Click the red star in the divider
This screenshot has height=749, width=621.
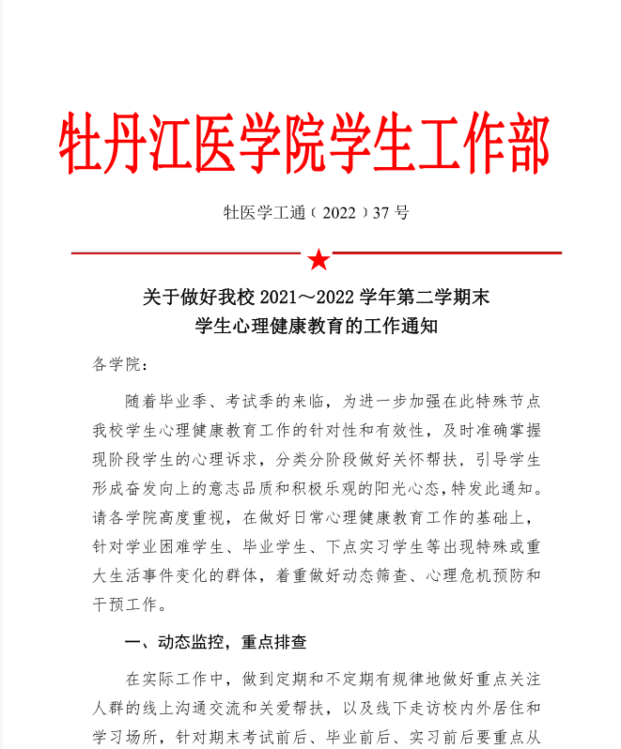pyautogui.click(x=318, y=258)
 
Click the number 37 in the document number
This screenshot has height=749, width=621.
pyautogui.click(x=380, y=213)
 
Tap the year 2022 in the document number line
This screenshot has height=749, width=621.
pyautogui.click(x=339, y=213)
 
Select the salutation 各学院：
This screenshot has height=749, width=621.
pyautogui.click(x=120, y=364)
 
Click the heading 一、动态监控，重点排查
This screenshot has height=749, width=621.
pyautogui.click(x=215, y=643)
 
